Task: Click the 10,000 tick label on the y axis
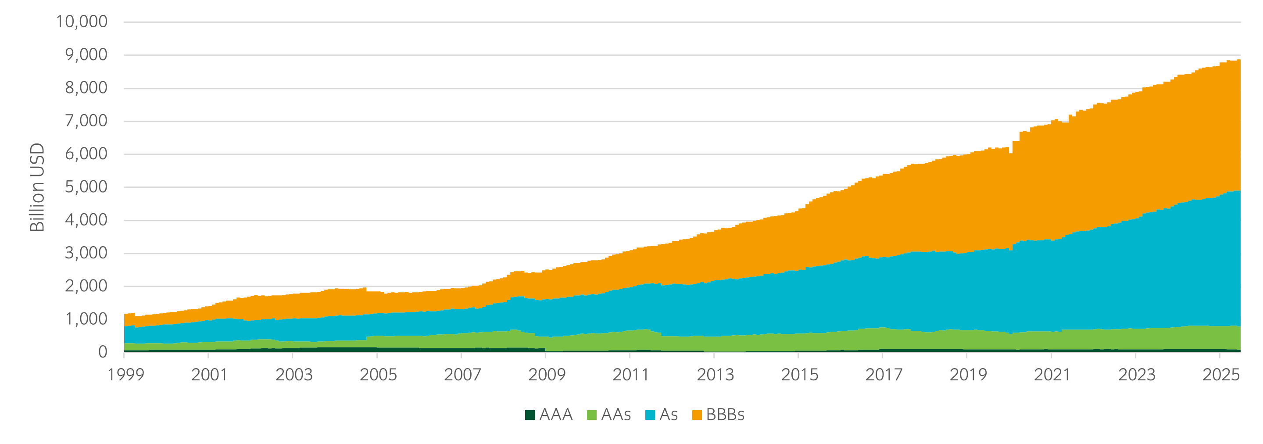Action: click(82, 21)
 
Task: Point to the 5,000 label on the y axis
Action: click(86, 187)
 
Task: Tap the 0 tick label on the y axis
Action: click(103, 352)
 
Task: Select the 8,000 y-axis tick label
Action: click(86, 88)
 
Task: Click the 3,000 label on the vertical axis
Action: click(86, 253)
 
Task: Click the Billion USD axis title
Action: click(37, 187)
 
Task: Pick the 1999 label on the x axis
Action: click(125, 375)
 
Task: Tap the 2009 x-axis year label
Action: click(547, 375)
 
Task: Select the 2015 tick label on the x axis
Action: click(800, 375)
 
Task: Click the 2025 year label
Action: click(1221, 375)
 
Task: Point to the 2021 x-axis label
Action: click(1052, 375)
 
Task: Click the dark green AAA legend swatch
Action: click(530, 415)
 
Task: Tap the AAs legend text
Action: click(616, 415)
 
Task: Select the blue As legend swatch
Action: click(650, 415)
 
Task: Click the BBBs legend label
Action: click(725, 415)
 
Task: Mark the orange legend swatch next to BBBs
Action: click(697, 415)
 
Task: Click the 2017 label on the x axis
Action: click(884, 375)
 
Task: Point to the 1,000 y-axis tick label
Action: click(86, 319)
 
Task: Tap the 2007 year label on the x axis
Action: click(462, 375)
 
